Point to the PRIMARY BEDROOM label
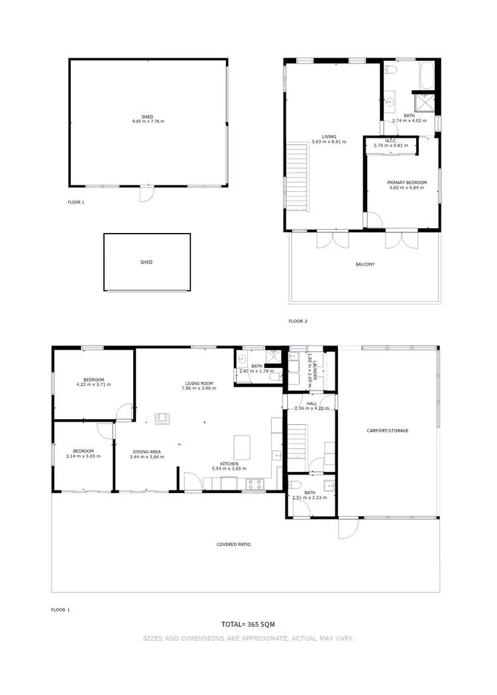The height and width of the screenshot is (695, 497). [x=406, y=182]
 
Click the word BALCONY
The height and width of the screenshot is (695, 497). [x=365, y=264]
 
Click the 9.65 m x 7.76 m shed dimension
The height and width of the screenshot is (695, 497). [x=147, y=122]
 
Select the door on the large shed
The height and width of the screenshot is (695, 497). [x=146, y=194]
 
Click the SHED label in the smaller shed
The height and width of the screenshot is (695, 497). [x=146, y=262]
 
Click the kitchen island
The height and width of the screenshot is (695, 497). [x=243, y=447]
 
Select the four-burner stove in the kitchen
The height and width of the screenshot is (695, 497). [x=254, y=485]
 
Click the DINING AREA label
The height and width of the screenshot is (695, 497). [x=146, y=451]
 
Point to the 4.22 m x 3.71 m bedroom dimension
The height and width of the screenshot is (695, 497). [x=94, y=385]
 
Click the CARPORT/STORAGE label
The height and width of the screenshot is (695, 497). [x=388, y=431]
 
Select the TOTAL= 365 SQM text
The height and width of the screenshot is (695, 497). [x=248, y=624]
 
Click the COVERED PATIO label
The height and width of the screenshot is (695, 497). [x=234, y=545]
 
